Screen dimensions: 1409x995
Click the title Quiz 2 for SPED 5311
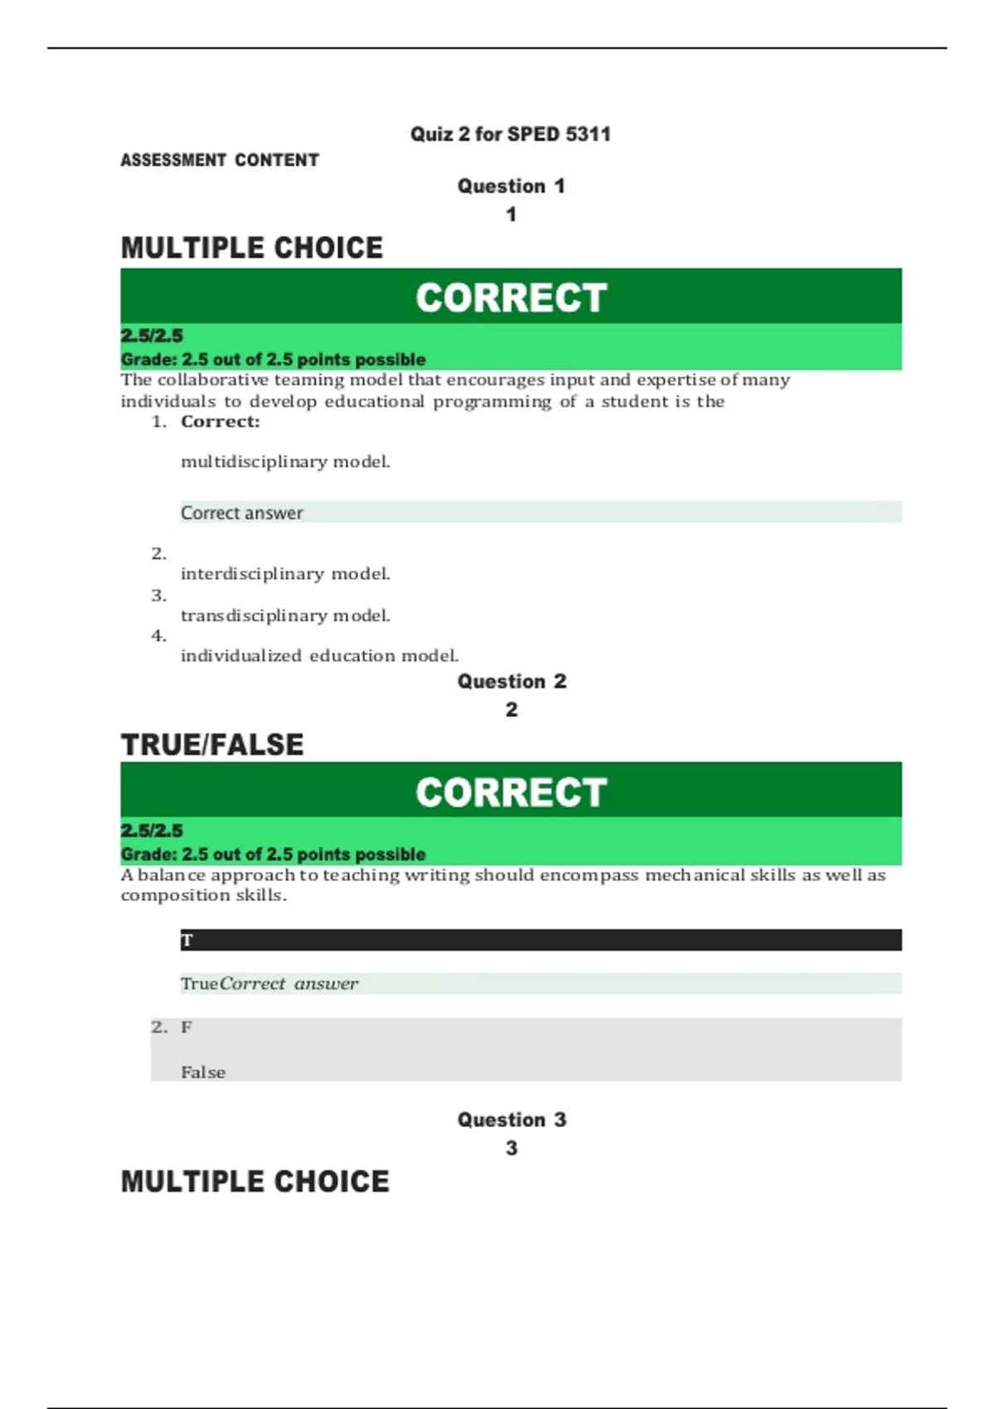510,134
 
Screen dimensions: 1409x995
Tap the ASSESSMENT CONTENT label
220,160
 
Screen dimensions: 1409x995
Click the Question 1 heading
511,186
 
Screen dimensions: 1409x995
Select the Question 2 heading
512,681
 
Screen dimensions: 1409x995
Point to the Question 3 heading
512,1120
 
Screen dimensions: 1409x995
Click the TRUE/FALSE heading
212,744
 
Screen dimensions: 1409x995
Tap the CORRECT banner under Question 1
511,297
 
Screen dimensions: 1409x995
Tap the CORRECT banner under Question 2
511,792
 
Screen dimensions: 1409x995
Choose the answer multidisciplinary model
285,462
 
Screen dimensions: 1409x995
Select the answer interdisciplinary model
285,574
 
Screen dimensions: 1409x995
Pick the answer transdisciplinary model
285,616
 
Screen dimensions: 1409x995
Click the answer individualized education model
319,656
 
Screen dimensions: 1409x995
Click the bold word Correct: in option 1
220,422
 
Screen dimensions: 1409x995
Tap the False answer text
203,1072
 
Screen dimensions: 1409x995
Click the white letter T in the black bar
187,941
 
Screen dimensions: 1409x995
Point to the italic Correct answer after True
289,984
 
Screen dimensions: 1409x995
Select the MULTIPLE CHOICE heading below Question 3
255,1181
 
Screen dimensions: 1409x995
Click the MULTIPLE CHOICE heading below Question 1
252,248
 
